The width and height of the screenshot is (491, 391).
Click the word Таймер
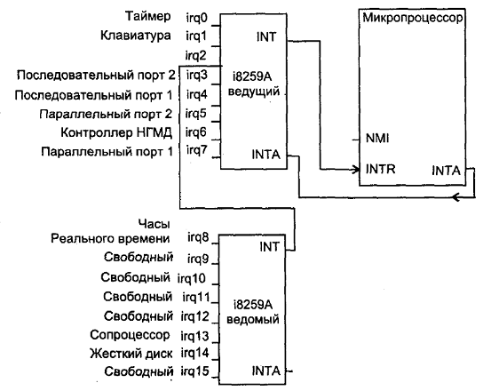point(148,16)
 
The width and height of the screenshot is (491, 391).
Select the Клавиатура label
point(136,35)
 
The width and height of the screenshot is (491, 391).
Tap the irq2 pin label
point(196,55)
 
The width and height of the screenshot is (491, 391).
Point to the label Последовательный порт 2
point(96,76)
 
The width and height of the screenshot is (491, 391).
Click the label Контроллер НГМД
point(116,132)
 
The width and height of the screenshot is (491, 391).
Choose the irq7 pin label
point(197,150)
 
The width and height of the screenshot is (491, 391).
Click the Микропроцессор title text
point(412,18)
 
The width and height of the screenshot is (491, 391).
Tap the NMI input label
point(377,138)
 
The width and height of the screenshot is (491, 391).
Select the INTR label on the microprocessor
point(381,169)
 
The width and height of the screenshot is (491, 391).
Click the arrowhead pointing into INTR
point(356,170)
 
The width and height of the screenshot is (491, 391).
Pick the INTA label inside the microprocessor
point(447,171)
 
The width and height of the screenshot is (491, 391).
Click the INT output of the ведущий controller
point(266,37)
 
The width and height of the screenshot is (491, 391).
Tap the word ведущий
point(254,92)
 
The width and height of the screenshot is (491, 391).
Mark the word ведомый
point(253,319)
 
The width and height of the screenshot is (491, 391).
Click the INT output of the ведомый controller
point(269,247)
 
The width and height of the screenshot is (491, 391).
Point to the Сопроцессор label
point(130,336)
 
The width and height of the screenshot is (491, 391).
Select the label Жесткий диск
point(131,354)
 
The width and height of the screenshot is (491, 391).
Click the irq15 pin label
point(194,371)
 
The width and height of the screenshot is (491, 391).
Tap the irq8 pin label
point(198,238)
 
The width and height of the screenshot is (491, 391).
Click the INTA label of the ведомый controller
point(265,371)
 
